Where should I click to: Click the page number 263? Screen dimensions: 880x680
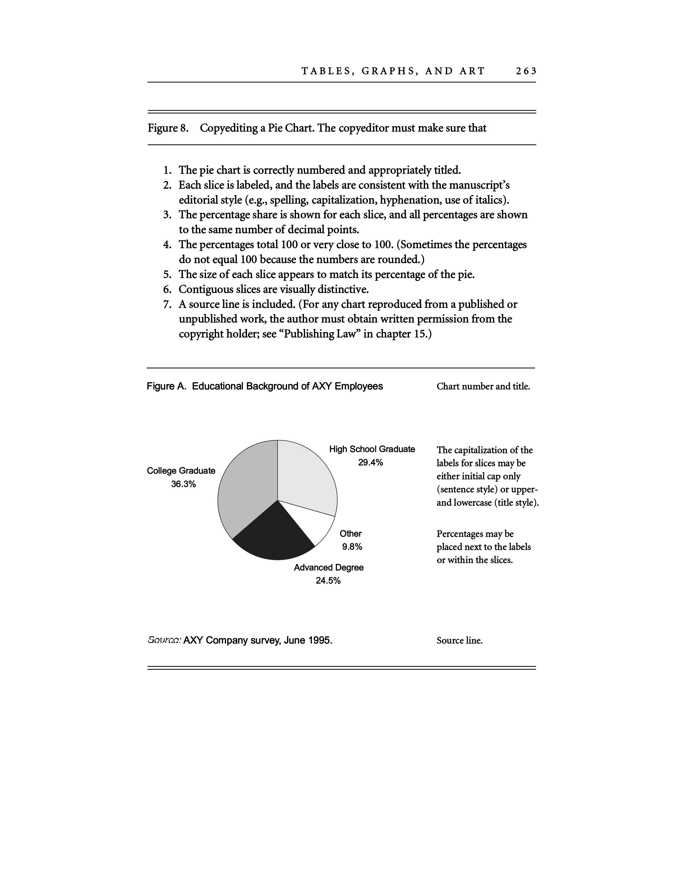click(526, 71)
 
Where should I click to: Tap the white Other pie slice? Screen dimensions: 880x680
click(316, 522)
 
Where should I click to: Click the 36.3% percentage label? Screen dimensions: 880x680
click(183, 484)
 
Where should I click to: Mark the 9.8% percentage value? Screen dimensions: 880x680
click(352, 547)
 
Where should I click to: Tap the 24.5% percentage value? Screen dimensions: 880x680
click(328, 581)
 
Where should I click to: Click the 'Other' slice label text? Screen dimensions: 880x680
click(350, 534)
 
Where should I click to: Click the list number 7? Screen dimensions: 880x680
click(167, 304)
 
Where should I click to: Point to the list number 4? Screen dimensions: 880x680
click(167, 245)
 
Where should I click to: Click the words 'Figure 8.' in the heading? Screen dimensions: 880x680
click(168, 128)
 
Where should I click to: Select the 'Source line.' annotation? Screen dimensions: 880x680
click(459, 641)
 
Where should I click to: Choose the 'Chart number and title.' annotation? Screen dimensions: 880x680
click(483, 386)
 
